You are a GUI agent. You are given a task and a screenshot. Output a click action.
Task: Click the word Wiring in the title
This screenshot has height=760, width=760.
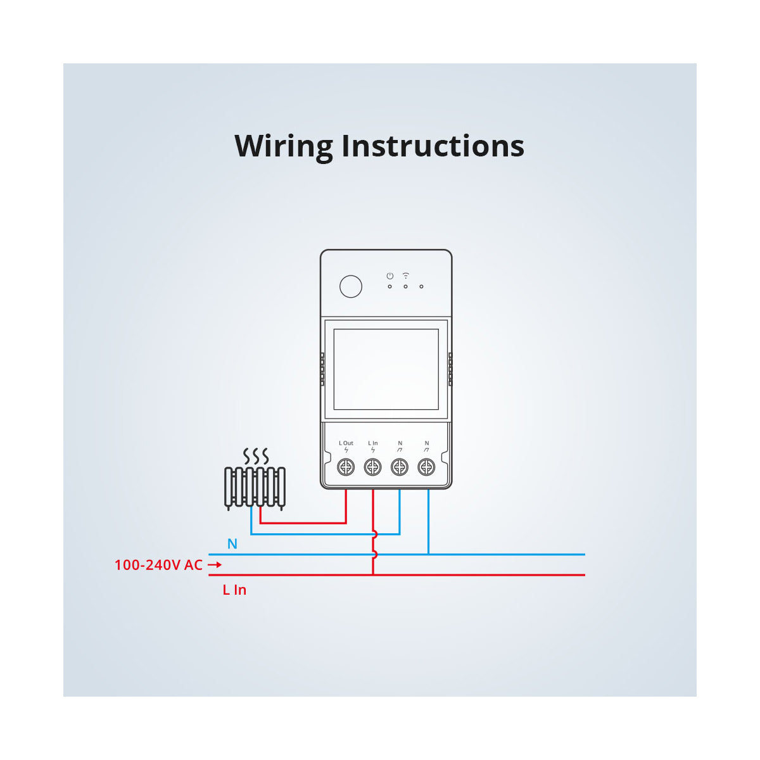pos(284,146)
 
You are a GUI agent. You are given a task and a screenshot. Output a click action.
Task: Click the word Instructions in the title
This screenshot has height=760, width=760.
pos(433,146)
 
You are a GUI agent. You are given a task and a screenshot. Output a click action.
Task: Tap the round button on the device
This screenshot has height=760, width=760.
pos(351,286)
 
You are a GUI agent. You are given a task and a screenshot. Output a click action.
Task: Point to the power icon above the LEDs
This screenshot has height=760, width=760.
pos(390,276)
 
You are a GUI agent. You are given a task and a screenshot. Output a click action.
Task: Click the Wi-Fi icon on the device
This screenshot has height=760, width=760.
pos(406,275)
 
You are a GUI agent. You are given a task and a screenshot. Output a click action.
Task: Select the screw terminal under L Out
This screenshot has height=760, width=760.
pos(346,467)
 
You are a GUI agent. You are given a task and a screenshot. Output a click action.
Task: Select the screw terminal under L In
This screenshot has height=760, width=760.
pos(373,467)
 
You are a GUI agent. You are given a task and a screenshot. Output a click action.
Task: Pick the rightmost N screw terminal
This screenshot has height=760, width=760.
pos(427,467)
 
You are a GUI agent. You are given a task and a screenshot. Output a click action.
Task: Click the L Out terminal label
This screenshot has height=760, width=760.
pos(346,443)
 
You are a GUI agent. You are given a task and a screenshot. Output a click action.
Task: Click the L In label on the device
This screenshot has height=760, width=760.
pos(373,443)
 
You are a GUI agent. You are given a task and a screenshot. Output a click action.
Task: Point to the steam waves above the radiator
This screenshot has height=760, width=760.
pos(256,456)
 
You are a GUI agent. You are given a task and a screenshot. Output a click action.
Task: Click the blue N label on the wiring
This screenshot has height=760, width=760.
pos(232,544)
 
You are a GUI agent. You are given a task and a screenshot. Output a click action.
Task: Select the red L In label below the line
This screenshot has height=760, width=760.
pos(234,590)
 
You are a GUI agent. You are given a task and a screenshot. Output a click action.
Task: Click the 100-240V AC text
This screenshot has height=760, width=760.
pos(158,565)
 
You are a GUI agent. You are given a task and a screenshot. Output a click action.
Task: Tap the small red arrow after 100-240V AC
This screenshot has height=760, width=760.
pos(215,565)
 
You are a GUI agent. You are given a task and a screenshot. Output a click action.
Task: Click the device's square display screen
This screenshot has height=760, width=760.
pos(386,369)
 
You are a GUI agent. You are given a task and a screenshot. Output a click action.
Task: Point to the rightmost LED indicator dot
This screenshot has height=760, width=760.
pos(421,286)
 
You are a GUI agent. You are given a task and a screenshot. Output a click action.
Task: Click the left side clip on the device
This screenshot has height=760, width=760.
pos(322,370)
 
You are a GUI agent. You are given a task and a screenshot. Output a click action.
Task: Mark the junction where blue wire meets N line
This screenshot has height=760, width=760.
pos(429,554)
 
